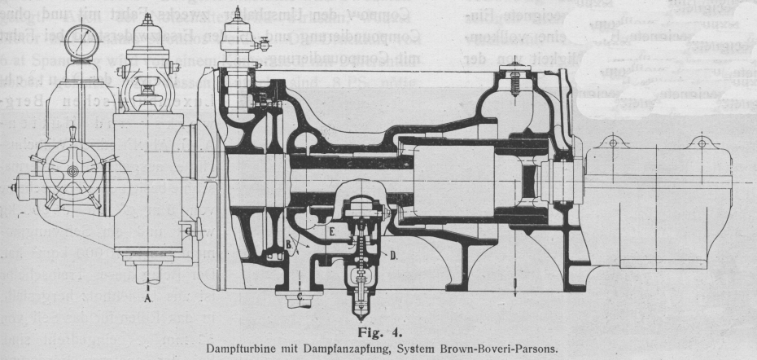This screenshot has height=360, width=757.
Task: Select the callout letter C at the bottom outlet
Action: [x=300, y=296]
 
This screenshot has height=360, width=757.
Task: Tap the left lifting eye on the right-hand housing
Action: [x=611, y=142]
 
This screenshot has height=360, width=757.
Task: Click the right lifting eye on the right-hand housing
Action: [x=699, y=142]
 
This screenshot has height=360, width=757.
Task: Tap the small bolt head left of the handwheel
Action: [x=12, y=187]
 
